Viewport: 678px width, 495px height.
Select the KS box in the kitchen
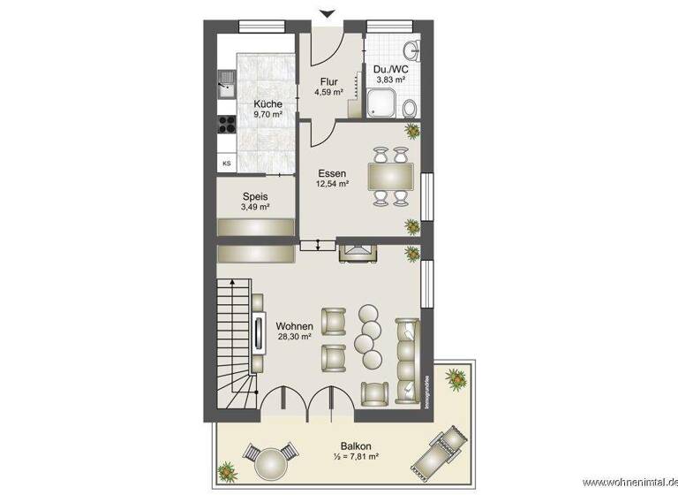227,163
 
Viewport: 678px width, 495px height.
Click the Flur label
329,82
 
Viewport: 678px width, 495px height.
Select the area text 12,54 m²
333,185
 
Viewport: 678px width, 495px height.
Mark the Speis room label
255,196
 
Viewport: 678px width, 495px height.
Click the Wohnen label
294,326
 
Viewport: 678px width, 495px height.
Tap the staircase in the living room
233,345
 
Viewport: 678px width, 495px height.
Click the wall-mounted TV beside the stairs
259,333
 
